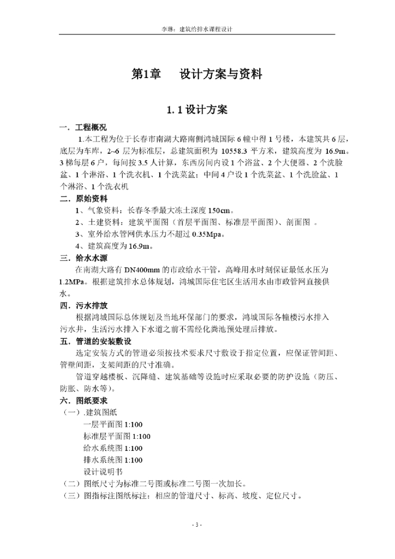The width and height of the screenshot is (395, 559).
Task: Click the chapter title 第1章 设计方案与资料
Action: (197, 74)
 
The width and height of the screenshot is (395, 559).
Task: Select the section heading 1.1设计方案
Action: (197, 109)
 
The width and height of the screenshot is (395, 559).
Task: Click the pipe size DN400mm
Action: (142, 270)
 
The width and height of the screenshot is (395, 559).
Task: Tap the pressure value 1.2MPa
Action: (73, 282)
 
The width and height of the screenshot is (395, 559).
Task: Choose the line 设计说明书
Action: (103, 472)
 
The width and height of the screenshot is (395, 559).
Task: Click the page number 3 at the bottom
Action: (197, 525)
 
